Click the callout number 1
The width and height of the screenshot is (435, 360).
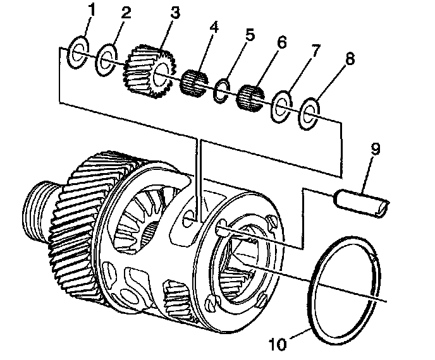[x=91, y=10]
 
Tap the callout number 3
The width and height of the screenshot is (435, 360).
[x=175, y=13]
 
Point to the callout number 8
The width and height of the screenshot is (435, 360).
[x=350, y=59]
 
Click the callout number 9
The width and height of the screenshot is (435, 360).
[x=375, y=150]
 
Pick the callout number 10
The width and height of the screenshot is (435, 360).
[x=278, y=344]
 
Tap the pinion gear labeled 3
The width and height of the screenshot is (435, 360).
[x=150, y=71]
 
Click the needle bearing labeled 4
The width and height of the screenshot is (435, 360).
[x=194, y=81]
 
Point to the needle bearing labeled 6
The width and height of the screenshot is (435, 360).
[x=250, y=98]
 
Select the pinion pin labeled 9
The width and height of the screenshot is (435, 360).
[x=362, y=203]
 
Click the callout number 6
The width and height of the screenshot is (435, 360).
[x=281, y=43]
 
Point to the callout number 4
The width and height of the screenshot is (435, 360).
[x=213, y=28]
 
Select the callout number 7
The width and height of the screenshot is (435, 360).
[x=315, y=51]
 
